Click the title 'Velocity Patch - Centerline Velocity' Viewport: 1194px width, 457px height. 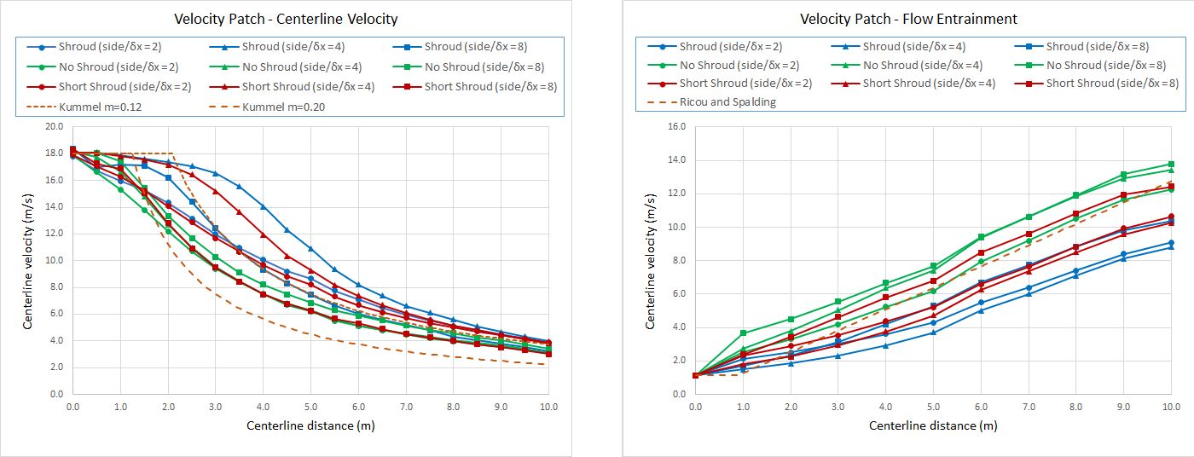(286, 19)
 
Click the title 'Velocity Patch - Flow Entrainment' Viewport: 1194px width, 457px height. (908, 19)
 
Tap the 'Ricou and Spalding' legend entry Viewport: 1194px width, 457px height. (727, 102)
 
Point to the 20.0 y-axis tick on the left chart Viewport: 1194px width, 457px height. (55, 126)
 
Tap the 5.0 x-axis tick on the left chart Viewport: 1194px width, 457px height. (311, 408)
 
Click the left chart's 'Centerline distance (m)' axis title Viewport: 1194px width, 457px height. (310, 425)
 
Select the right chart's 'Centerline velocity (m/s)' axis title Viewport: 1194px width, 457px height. (651, 260)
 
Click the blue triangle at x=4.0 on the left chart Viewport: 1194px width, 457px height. (264, 206)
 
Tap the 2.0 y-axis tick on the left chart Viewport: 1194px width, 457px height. (55, 367)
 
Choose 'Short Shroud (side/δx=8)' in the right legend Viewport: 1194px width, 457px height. (1112, 83)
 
